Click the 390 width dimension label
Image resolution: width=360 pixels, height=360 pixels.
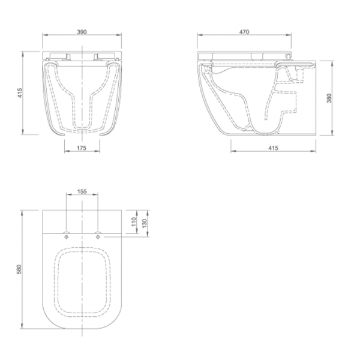[82, 32]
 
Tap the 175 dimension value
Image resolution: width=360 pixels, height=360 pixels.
[82, 148]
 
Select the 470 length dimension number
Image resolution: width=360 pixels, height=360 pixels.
[244, 32]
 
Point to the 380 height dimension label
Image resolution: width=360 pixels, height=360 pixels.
[329, 98]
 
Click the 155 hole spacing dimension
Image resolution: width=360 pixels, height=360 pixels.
[82, 191]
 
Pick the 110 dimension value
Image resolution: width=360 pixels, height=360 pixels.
[134, 221]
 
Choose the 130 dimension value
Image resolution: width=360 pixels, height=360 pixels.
[144, 223]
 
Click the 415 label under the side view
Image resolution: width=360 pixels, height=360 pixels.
[273, 148]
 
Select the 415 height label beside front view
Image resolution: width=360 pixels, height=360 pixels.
[20, 93]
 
